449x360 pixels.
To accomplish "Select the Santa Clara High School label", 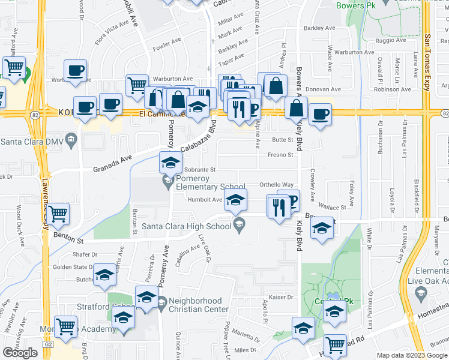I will click(x=186, y=226).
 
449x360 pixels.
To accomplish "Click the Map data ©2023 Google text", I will click(x=412, y=355).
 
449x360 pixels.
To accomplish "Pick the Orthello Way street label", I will click(x=276, y=185).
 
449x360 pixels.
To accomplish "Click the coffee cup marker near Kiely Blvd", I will click(x=319, y=113).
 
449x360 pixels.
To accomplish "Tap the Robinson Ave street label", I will click(x=391, y=89).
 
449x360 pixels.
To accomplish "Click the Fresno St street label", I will click(x=280, y=155).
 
